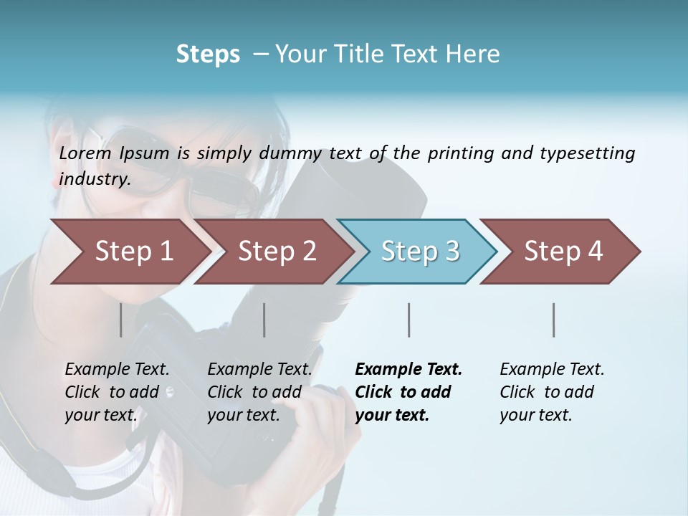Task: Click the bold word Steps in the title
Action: point(208,54)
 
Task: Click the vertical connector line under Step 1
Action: point(120,320)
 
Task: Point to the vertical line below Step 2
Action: point(264,320)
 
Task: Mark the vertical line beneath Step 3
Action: point(408,320)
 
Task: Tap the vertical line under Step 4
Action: point(553,320)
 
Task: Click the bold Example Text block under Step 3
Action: point(408,392)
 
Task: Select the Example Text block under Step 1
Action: point(117,392)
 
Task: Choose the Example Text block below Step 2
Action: point(259,392)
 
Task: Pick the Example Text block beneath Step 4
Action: point(552,392)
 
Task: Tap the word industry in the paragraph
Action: point(95,178)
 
